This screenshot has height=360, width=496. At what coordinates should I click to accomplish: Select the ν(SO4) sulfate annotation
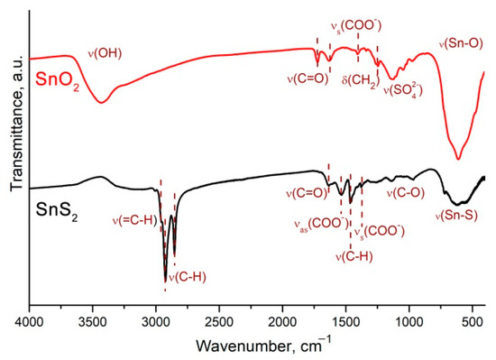pyautogui.click(x=404, y=90)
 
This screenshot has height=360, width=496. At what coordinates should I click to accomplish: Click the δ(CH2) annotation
pyautogui.click(x=362, y=80)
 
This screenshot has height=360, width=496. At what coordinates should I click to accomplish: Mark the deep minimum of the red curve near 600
pyautogui.click(x=459, y=159)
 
